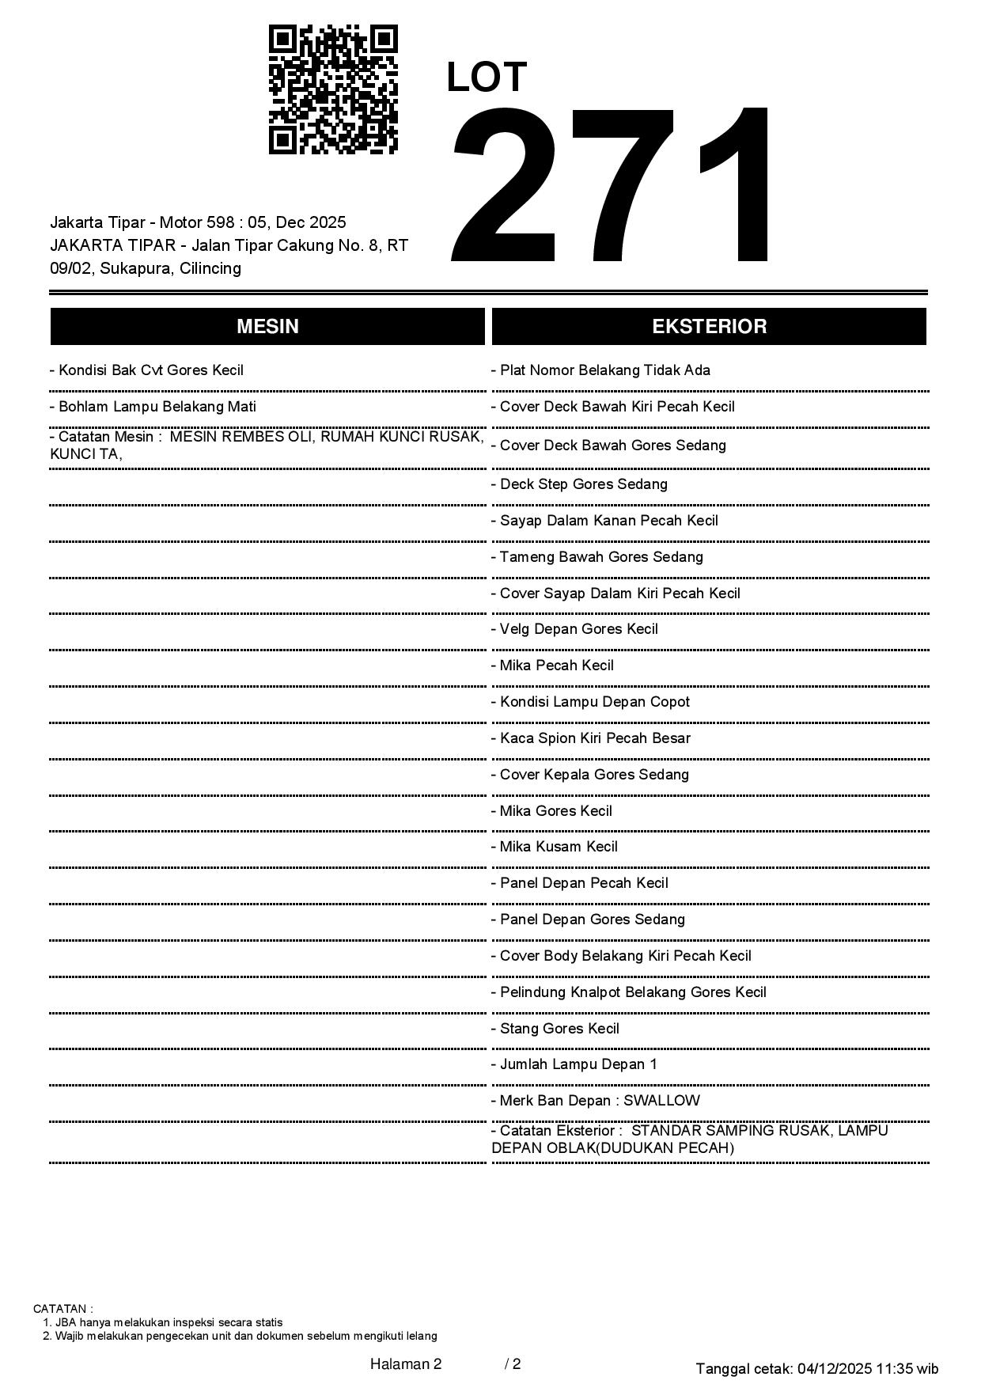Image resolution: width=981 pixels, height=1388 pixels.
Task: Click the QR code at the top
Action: [x=333, y=89]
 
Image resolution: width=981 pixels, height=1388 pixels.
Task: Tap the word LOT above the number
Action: [x=487, y=78]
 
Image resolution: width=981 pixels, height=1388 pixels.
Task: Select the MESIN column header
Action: [x=267, y=327]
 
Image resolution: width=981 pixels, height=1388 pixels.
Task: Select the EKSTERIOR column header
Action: [x=709, y=327]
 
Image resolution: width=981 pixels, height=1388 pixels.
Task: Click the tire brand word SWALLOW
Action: [x=661, y=1101]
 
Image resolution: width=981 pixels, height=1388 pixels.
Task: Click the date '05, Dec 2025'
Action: [x=297, y=222]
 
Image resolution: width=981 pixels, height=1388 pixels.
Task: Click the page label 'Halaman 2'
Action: [x=406, y=1363]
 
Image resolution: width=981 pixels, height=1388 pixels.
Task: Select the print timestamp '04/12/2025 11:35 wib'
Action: [x=868, y=1368]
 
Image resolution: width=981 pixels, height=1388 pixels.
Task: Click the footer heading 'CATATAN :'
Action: [x=63, y=1309]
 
